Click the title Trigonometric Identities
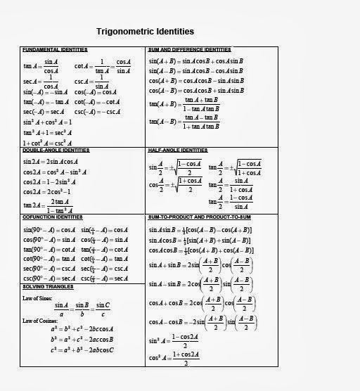(145, 32)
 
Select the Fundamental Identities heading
(55, 50)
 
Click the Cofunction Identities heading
(53, 217)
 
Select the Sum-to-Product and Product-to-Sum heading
(203, 217)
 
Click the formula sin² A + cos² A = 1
(47, 122)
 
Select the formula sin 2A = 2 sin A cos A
(53, 161)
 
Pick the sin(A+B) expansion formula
(195, 61)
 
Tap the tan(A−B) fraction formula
(184, 122)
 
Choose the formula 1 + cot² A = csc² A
(47, 143)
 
